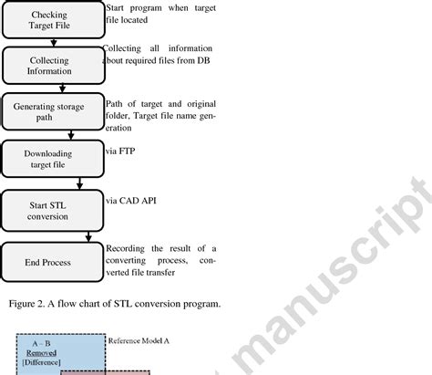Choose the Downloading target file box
tap(51, 158)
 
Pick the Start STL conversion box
tap(51, 209)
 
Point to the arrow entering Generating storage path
tap(60, 89)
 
